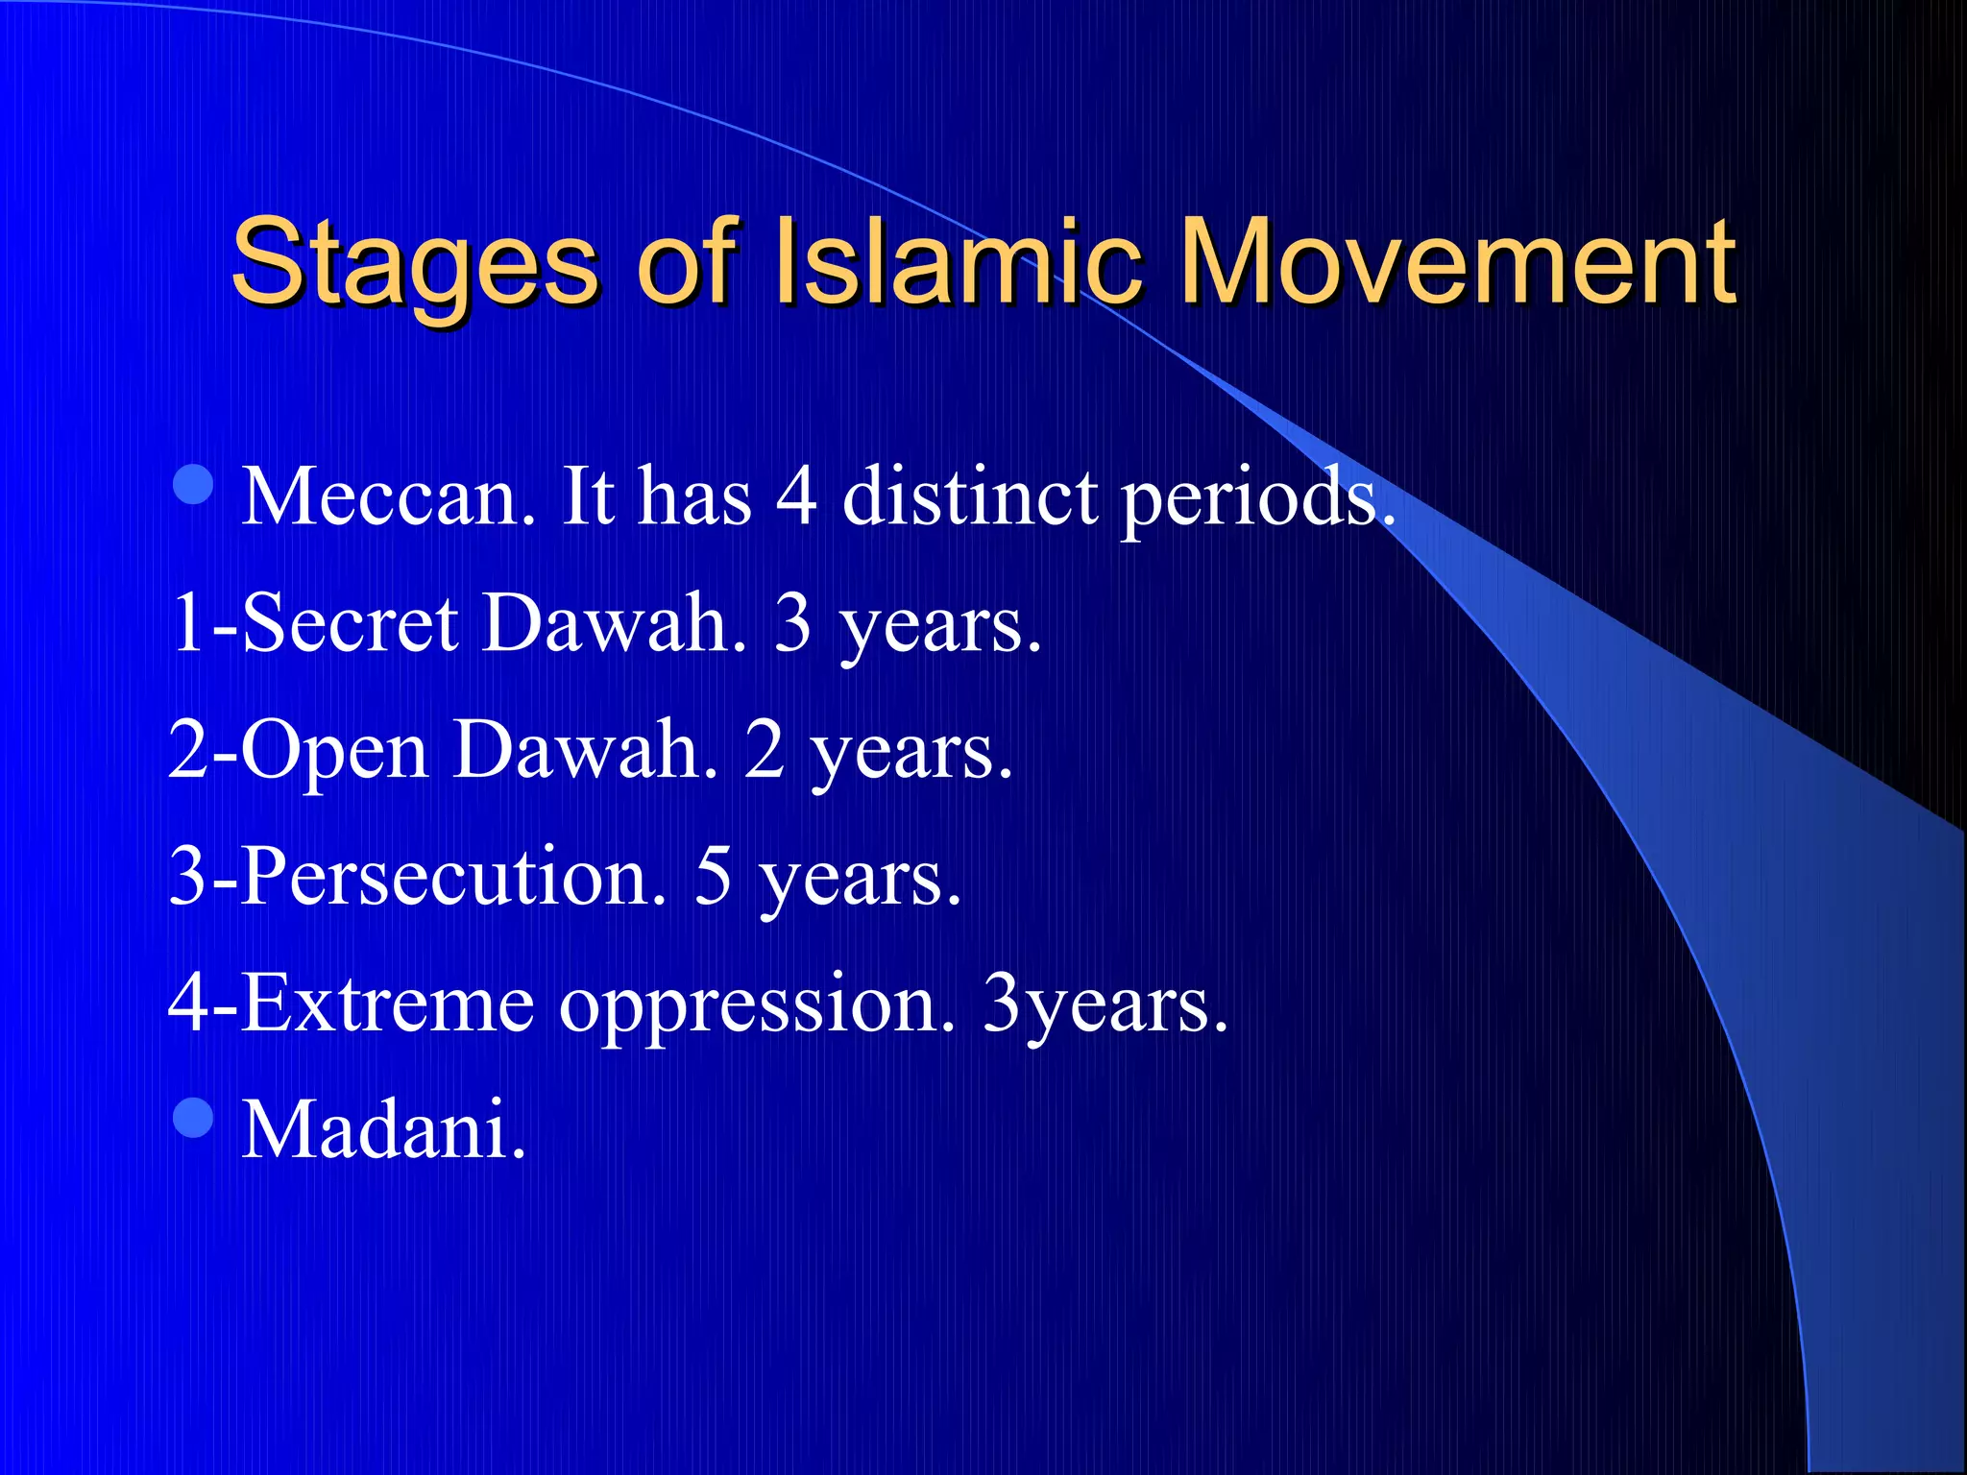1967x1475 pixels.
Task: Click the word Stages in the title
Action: [x=415, y=264]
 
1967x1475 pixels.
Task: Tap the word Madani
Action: [x=383, y=1129]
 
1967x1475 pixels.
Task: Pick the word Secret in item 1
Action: [x=351, y=623]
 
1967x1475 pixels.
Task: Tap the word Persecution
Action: [x=452, y=877]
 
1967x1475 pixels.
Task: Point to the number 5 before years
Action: [x=713, y=877]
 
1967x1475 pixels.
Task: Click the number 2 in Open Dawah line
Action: [x=765, y=750]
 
